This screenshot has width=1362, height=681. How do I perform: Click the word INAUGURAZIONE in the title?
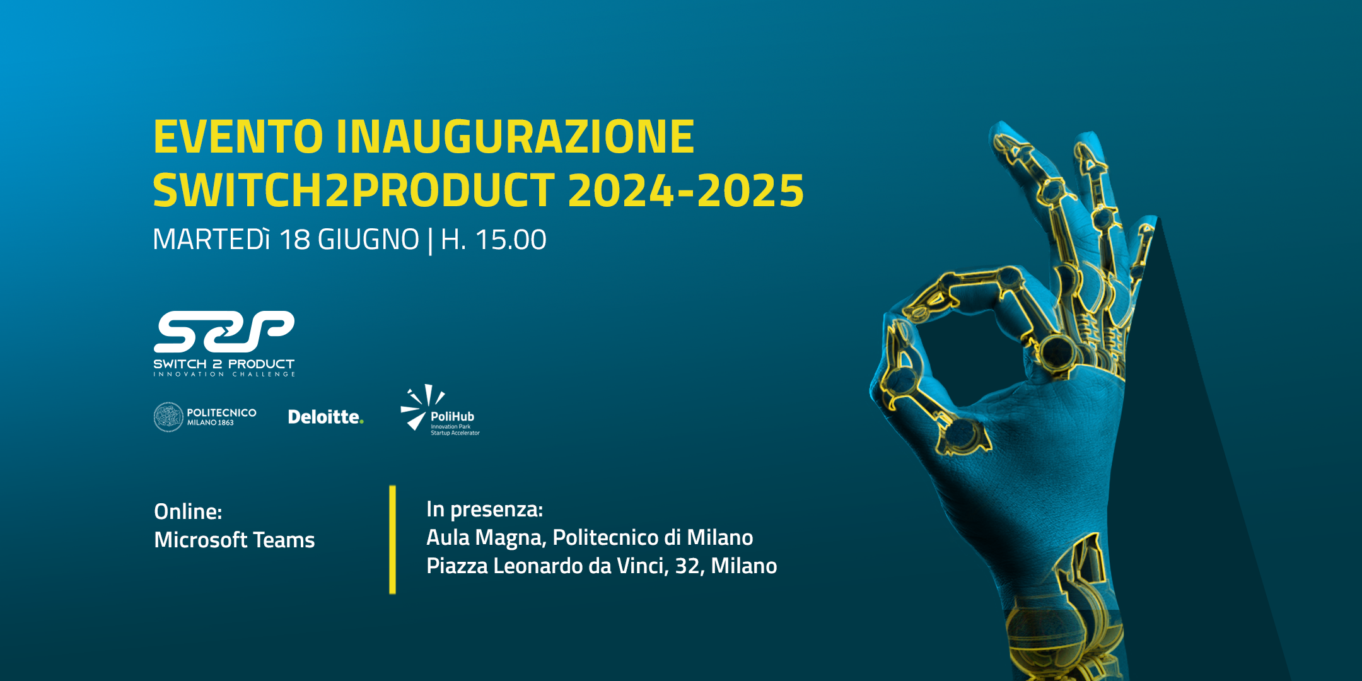pyautogui.click(x=515, y=137)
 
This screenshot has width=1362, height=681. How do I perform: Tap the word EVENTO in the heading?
pyautogui.click(x=238, y=137)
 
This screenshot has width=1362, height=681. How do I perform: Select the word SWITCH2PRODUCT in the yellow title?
pyautogui.click(x=354, y=190)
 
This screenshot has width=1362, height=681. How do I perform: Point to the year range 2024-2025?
pyautogui.click(x=686, y=190)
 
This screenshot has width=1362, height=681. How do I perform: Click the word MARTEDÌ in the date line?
pyautogui.click(x=211, y=239)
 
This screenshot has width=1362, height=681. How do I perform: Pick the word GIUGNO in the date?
pyautogui.click(x=368, y=240)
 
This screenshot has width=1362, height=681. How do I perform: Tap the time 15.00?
pyautogui.click(x=511, y=240)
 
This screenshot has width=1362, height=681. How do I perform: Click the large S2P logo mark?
pyautogui.click(x=224, y=332)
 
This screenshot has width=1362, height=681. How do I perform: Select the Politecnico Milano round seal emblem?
pyautogui.click(x=168, y=417)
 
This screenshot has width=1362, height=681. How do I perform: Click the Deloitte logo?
pyautogui.click(x=325, y=417)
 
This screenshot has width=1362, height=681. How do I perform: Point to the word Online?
pyautogui.click(x=188, y=511)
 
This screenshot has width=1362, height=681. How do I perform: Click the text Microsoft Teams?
pyautogui.click(x=235, y=540)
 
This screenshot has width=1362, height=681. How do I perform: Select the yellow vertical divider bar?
pyautogui.click(x=393, y=540)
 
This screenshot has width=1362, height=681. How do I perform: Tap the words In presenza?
pyautogui.click(x=484, y=509)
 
